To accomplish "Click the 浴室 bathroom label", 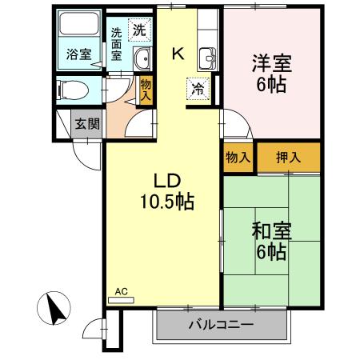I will pyautogui.click(x=78, y=55).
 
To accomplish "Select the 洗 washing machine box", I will pyautogui.click(x=139, y=31).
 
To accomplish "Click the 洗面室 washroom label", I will pyautogui.click(x=117, y=46).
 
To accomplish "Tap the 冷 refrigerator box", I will pyautogui.click(x=196, y=89).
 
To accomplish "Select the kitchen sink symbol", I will pyautogui.click(x=207, y=58).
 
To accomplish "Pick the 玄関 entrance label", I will pyautogui.click(x=86, y=123).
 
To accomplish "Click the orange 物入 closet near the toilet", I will pyautogui.click(x=145, y=88).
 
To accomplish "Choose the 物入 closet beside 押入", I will pyautogui.click(x=238, y=157).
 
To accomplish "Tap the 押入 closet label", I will pyautogui.click(x=288, y=157).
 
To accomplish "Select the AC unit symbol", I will pyautogui.click(x=123, y=299).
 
